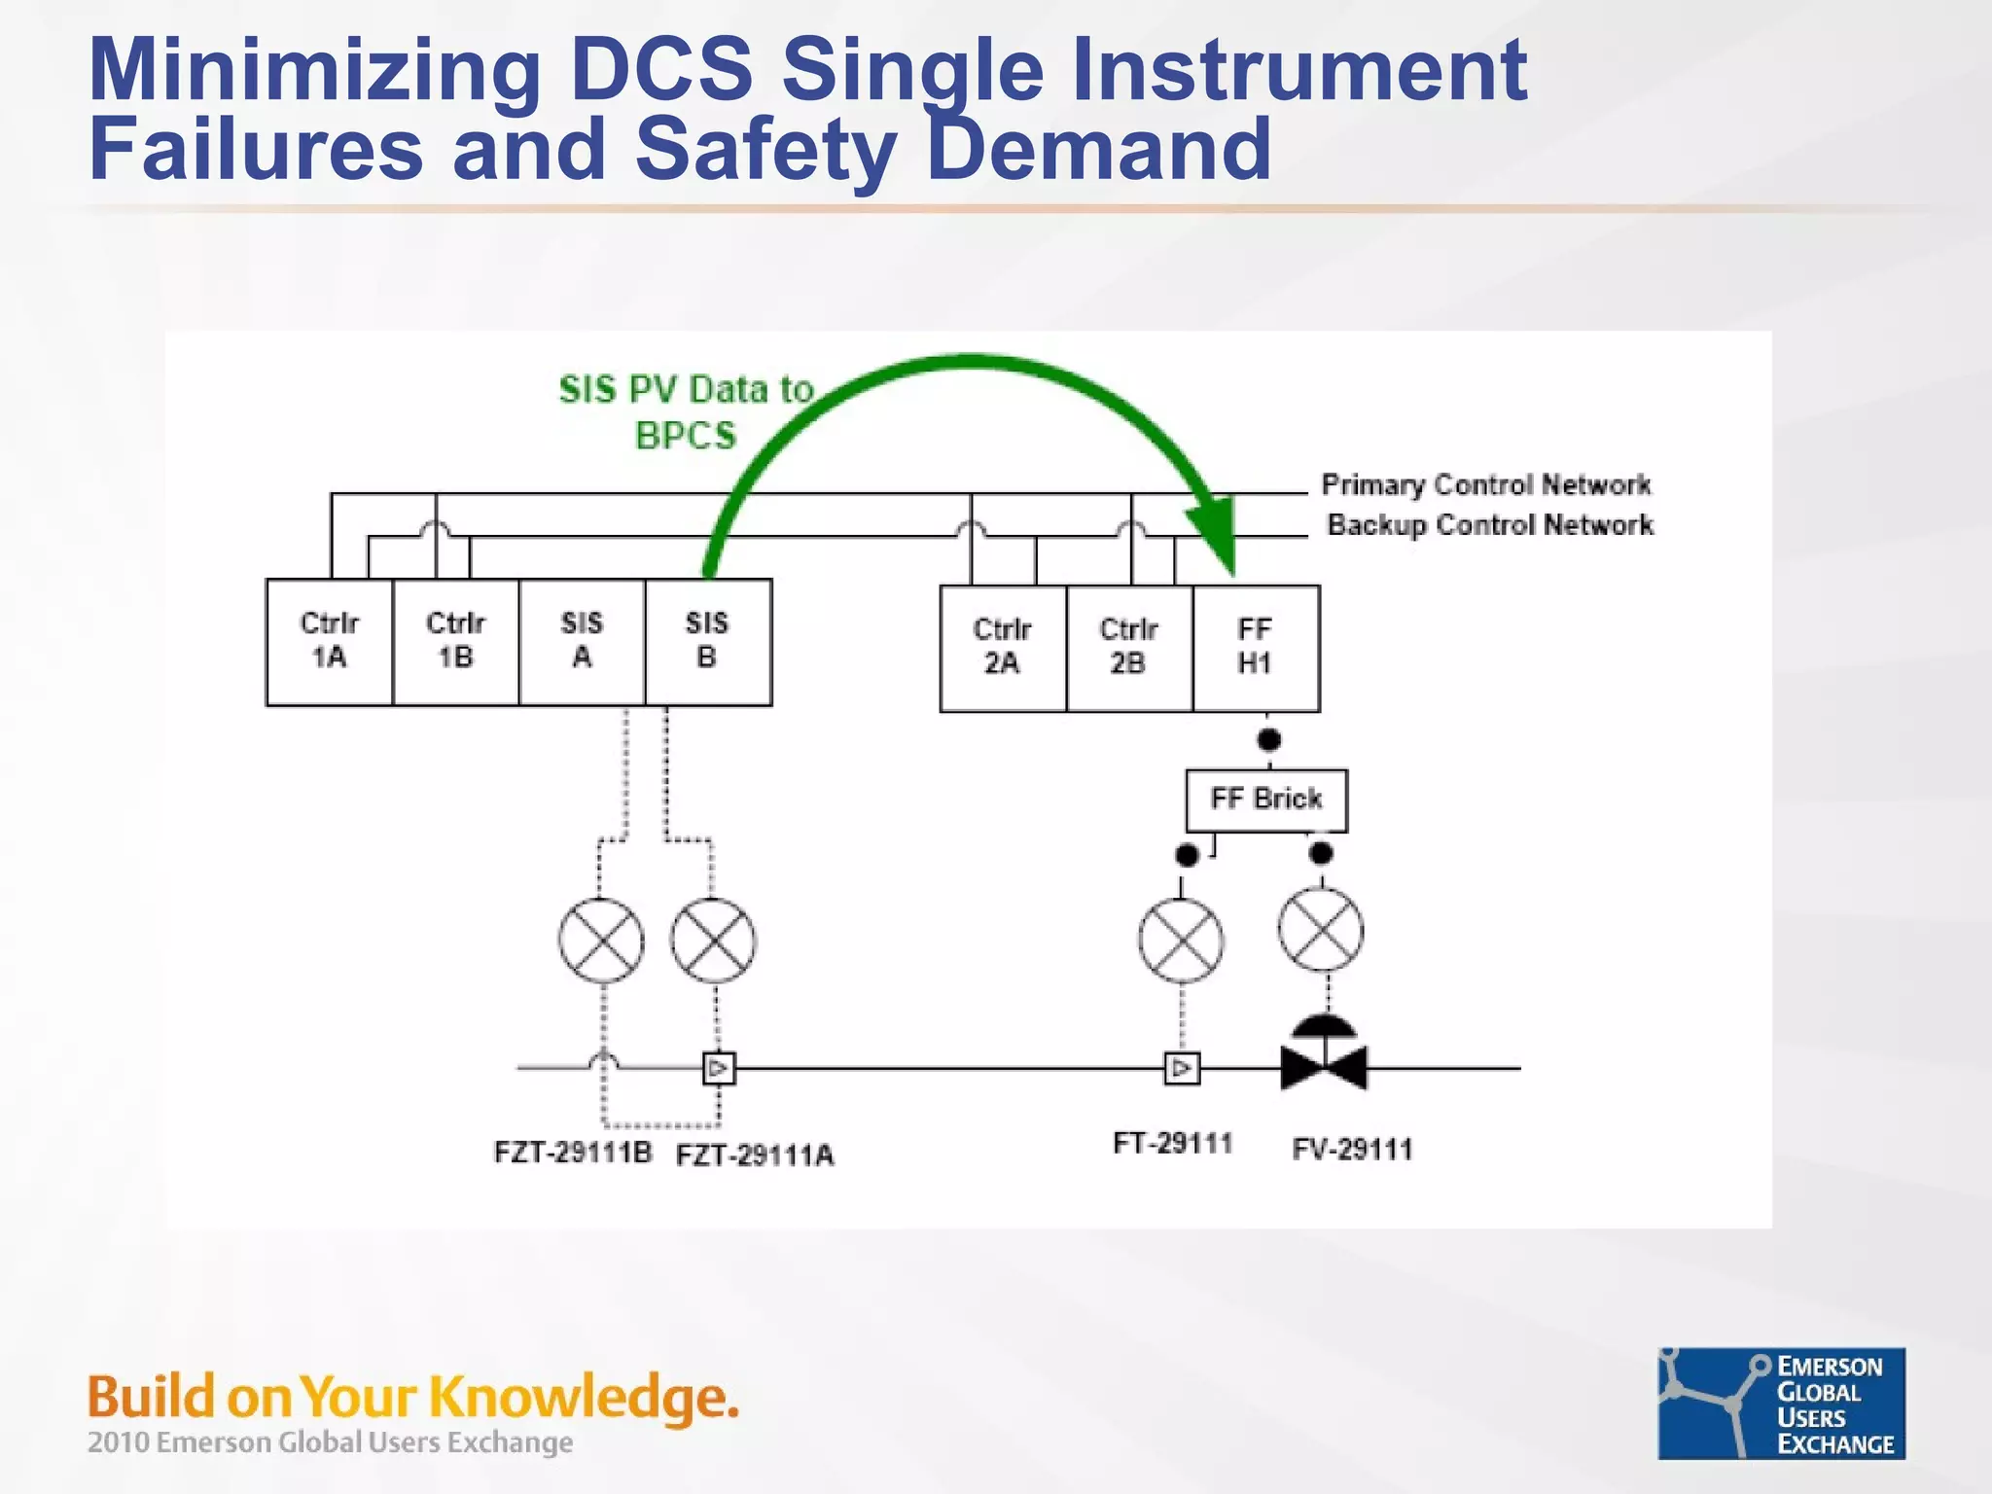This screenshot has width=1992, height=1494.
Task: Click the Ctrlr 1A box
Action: point(329,642)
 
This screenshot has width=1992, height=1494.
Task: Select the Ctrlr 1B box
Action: point(455,642)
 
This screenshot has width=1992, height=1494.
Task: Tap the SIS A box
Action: point(582,642)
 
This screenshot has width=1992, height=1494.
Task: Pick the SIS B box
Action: point(708,642)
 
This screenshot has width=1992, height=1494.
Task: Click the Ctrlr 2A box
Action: point(1003,648)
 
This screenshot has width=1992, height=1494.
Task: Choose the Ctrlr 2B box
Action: point(1129,648)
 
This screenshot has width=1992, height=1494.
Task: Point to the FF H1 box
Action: point(1256,648)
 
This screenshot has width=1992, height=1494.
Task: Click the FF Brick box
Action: point(1266,800)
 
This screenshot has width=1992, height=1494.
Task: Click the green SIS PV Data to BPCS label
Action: point(686,412)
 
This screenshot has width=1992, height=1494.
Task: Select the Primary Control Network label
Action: point(1485,484)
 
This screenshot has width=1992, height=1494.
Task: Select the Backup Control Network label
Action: point(1490,525)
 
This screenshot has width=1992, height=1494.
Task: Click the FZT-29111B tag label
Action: point(573,1153)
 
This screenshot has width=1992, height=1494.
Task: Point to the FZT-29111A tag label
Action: point(755,1156)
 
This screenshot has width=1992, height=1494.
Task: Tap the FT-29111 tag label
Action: point(1173,1143)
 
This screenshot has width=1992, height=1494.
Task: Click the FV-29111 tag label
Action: point(1352,1150)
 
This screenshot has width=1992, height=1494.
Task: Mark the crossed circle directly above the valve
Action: point(1321,930)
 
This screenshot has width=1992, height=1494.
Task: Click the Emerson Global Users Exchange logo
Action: point(1781,1403)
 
